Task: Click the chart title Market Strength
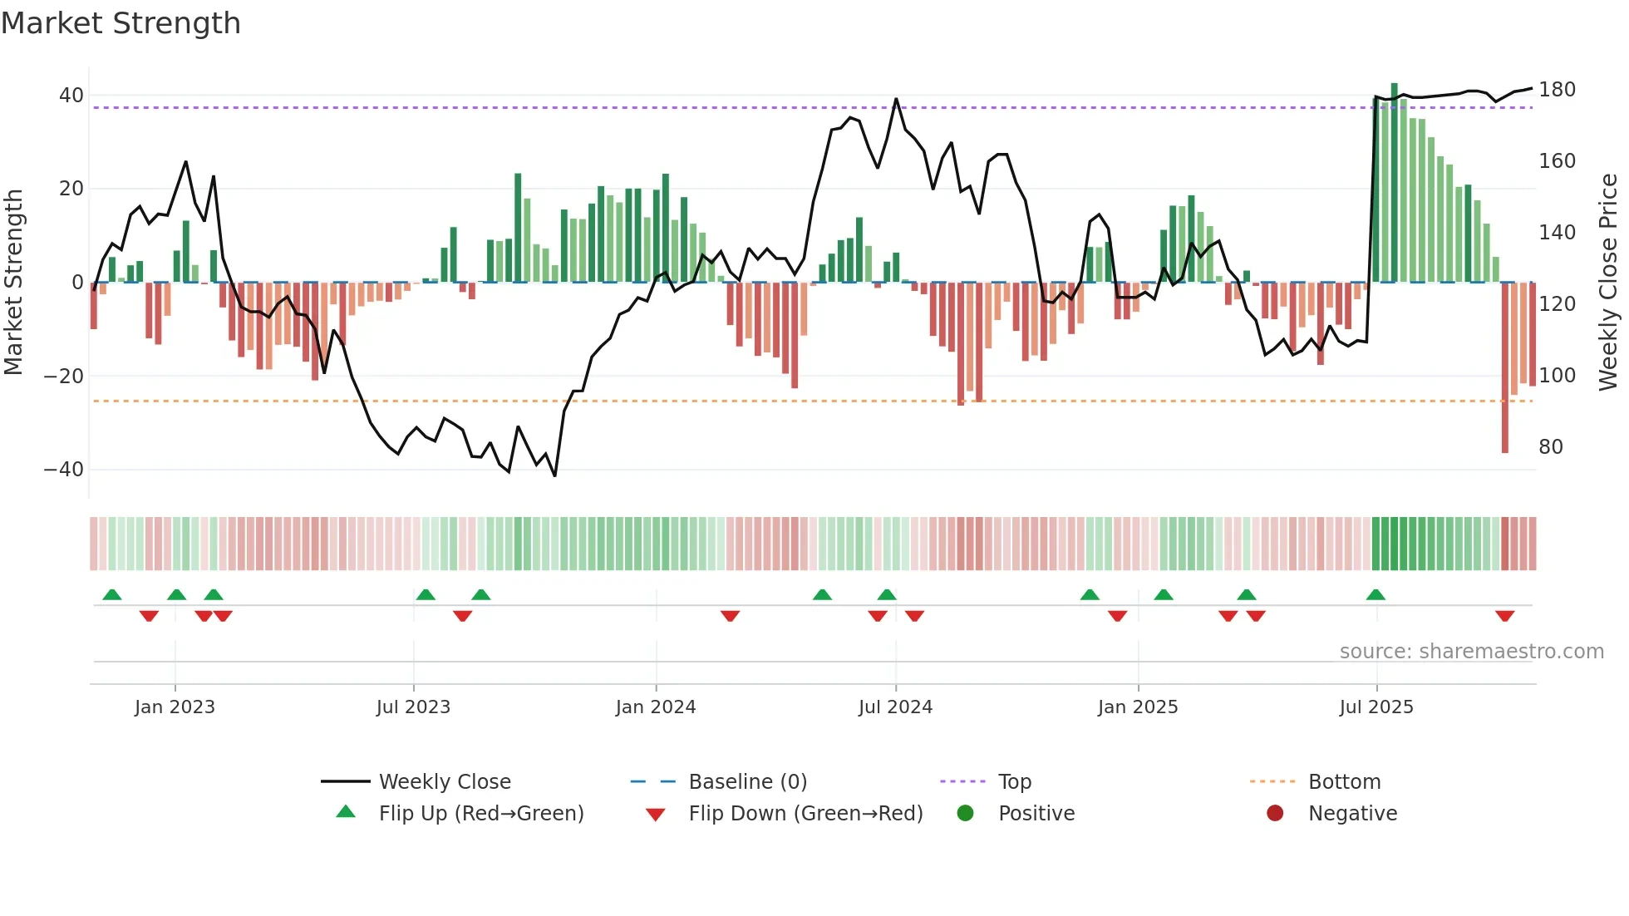coord(121,23)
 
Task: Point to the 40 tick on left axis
coord(71,96)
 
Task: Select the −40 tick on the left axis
coord(64,470)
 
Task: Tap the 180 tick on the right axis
coord(1557,90)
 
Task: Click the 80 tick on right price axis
coord(1551,447)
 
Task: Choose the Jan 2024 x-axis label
coord(655,707)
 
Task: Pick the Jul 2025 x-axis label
coord(1376,707)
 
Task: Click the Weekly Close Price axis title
coord(1608,283)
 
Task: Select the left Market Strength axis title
coord(14,283)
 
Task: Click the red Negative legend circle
coord(1275,814)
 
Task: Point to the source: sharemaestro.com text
coord(1471,652)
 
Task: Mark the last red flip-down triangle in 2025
coord(1504,616)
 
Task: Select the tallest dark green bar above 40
coord(1395,183)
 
